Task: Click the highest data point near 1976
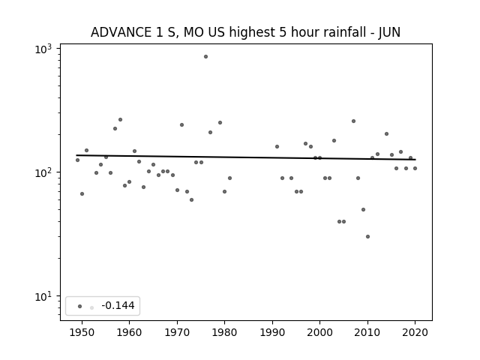pyautogui.click(x=205, y=57)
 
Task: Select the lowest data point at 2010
pyautogui.click(x=367, y=237)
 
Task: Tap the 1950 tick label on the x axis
pyautogui.click(x=82, y=332)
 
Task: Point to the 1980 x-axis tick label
pyautogui.click(x=224, y=332)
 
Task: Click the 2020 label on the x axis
pyautogui.click(x=415, y=332)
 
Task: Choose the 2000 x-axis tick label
pyautogui.click(x=319, y=332)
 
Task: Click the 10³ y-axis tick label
pyautogui.click(x=43, y=49)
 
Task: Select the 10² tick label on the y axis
pyautogui.click(x=43, y=172)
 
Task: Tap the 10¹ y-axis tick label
pyautogui.click(x=43, y=296)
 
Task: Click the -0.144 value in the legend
pyautogui.click(x=118, y=305)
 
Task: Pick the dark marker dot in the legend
pyautogui.click(x=80, y=306)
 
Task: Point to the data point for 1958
pyautogui.click(x=120, y=120)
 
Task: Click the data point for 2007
pyautogui.click(x=353, y=121)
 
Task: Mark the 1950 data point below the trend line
pyautogui.click(x=82, y=193)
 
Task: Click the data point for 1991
pyautogui.click(x=277, y=147)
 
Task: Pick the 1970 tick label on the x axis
pyautogui.click(x=177, y=332)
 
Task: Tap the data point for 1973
pyautogui.click(x=192, y=200)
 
